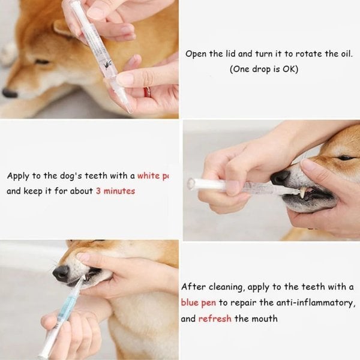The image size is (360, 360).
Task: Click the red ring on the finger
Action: pos(146,92)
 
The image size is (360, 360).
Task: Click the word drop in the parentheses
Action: pos(261,69)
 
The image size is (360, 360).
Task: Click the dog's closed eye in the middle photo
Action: pos(346,158)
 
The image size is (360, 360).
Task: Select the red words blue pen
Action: pos(198,302)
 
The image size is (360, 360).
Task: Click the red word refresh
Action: pos(215,318)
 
